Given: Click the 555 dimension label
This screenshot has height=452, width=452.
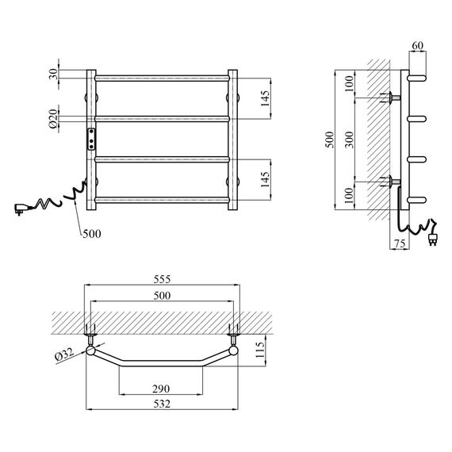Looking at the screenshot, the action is [x=162, y=279].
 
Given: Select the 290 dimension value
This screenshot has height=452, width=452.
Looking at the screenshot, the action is [x=161, y=389].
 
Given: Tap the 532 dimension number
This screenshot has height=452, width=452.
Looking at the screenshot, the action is [x=162, y=404].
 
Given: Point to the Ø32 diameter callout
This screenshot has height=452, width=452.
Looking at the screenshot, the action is [x=64, y=354].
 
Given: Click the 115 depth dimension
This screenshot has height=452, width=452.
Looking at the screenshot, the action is [x=260, y=350].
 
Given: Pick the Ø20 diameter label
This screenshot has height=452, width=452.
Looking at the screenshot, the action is [x=53, y=118].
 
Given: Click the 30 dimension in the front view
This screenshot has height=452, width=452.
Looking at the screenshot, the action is [x=53, y=75].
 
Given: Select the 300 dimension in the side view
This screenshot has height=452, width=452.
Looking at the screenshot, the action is [x=350, y=140].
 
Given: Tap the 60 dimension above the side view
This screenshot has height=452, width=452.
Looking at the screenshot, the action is [x=417, y=45].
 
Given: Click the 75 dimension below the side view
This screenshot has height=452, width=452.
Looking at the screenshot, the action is [x=400, y=243].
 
